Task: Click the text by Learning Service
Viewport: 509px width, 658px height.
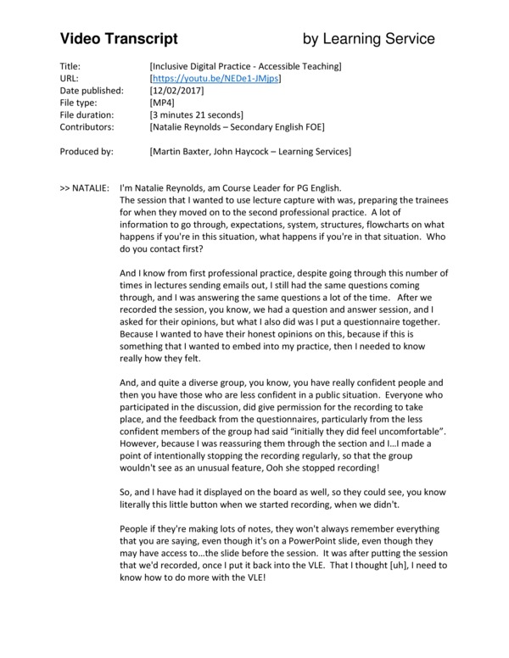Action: coord(369,38)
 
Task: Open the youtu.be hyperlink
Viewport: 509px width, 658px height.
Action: coord(214,78)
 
